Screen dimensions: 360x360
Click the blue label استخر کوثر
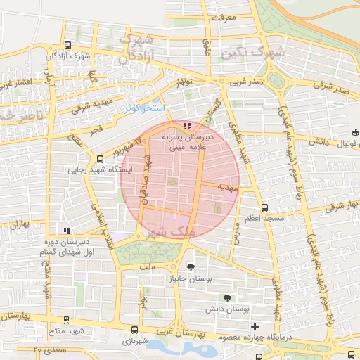[x=143, y=108]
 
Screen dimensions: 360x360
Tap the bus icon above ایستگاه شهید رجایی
[x=100, y=159]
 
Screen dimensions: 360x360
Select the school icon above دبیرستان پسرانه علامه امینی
[x=186, y=126]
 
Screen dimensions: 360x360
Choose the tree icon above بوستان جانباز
[x=191, y=267]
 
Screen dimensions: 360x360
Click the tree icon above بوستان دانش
[x=226, y=298]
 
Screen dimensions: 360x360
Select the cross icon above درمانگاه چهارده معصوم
[x=255, y=326]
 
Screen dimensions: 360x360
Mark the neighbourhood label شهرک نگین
[x=252, y=52]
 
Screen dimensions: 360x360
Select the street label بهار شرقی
[x=340, y=208]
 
